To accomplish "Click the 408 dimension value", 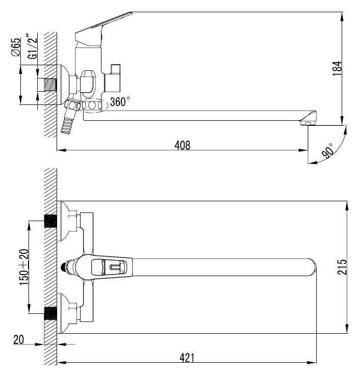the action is point(183,145).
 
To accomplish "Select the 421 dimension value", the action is point(187,358).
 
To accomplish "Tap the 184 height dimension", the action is point(337,68).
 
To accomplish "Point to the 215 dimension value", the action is point(342,267).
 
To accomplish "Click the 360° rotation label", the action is point(120,102).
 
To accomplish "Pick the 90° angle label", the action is point(328,151).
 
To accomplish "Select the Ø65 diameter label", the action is point(16,47).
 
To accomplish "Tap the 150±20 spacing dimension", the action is point(24,267).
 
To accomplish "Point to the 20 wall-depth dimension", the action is point(19,339).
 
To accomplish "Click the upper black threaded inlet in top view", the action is point(50,221).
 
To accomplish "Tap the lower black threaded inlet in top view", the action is point(50,313).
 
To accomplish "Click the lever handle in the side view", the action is point(103,29).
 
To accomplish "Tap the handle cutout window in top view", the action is point(109,267).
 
